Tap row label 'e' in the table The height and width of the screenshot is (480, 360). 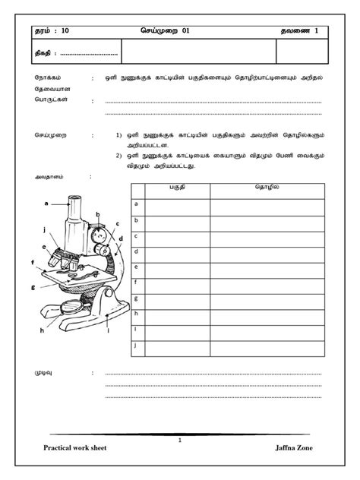136,267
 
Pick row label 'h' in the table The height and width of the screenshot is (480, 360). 136,314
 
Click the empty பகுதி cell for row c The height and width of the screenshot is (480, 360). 177,236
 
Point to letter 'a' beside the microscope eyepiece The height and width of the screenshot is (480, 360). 46,204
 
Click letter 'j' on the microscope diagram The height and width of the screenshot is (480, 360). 45,228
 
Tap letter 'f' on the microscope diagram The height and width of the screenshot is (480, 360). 33,263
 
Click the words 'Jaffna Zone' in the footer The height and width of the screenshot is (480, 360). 294,447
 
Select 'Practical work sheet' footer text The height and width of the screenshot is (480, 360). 75,447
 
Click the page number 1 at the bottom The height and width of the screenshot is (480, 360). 180,440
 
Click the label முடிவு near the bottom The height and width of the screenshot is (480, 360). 46,373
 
